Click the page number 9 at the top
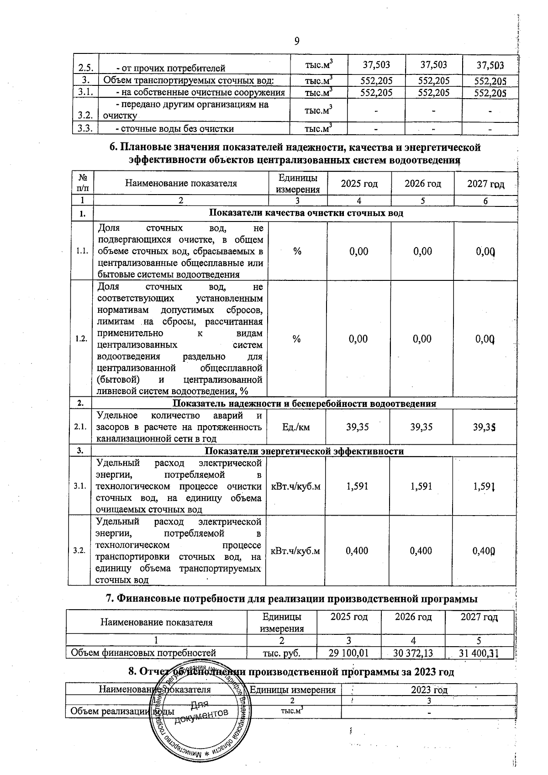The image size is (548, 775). [296, 42]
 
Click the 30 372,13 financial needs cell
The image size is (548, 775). [413, 653]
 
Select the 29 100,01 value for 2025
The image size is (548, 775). [349, 653]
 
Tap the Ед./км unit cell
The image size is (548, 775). [296, 427]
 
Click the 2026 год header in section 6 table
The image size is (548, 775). [422, 184]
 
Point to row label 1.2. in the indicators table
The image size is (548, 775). [81, 339]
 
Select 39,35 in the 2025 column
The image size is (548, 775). [358, 427]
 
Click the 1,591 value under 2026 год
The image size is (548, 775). [421, 486]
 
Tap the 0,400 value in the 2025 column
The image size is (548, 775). [357, 551]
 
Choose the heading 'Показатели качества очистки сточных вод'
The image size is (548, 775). [306, 213]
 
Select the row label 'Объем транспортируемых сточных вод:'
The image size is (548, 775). [189, 81]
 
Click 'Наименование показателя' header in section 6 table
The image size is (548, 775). [181, 184]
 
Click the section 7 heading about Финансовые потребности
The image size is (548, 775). [292, 599]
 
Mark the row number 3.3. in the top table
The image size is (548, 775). [85, 128]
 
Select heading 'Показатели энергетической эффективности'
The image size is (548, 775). [304, 451]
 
